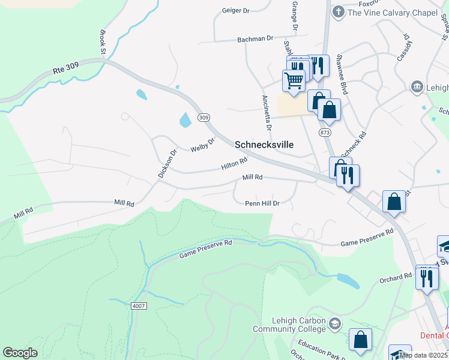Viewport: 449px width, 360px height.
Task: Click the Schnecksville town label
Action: [x=265, y=145]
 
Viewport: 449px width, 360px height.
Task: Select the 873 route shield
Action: [x=325, y=131]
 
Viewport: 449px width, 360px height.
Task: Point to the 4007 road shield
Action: [x=138, y=305]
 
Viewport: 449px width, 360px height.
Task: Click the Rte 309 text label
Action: [x=67, y=70]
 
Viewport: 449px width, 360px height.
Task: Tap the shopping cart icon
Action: [x=294, y=80]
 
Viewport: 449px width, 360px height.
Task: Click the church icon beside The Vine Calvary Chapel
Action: [x=338, y=11]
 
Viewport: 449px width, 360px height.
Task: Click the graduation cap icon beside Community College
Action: [x=335, y=324]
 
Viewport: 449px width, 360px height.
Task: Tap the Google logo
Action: [x=20, y=353]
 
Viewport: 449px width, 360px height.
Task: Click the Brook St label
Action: [x=102, y=43]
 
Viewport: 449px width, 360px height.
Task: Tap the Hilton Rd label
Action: [x=234, y=163]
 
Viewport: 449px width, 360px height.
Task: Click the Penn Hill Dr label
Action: [x=262, y=203]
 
